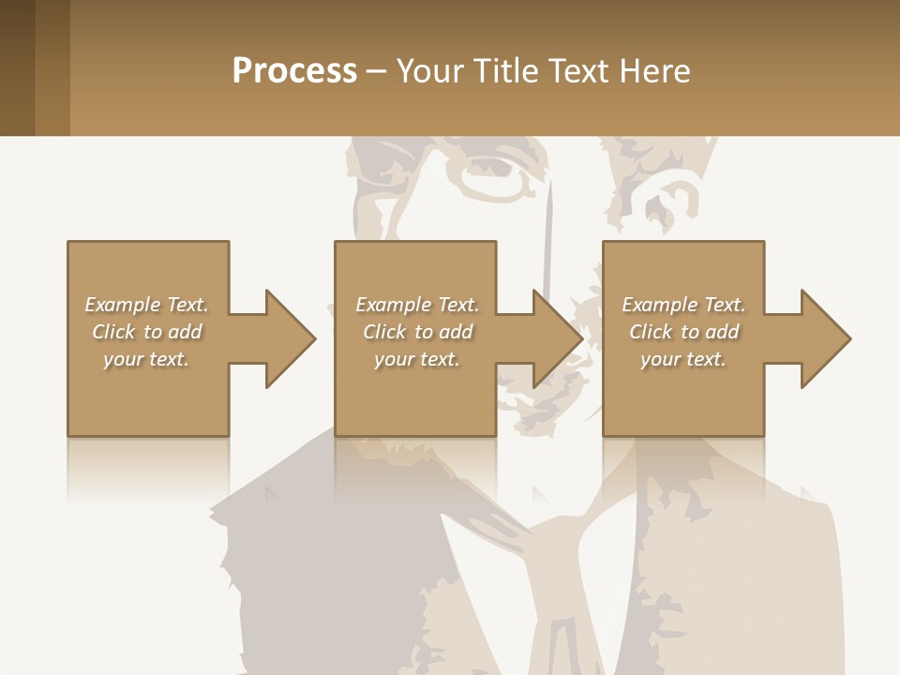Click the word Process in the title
click(x=294, y=71)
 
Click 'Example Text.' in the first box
click(x=146, y=305)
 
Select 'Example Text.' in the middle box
click(x=417, y=305)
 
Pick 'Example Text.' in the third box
click(x=683, y=305)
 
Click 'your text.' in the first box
click(x=146, y=359)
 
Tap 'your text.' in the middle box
click(x=417, y=359)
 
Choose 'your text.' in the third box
click(x=683, y=359)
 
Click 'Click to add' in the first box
click(x=146, y=332)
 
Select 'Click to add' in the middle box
click(x=417, y=332)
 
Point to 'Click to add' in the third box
click(x=683, y=332)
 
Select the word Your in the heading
click(x=428, y=71)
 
